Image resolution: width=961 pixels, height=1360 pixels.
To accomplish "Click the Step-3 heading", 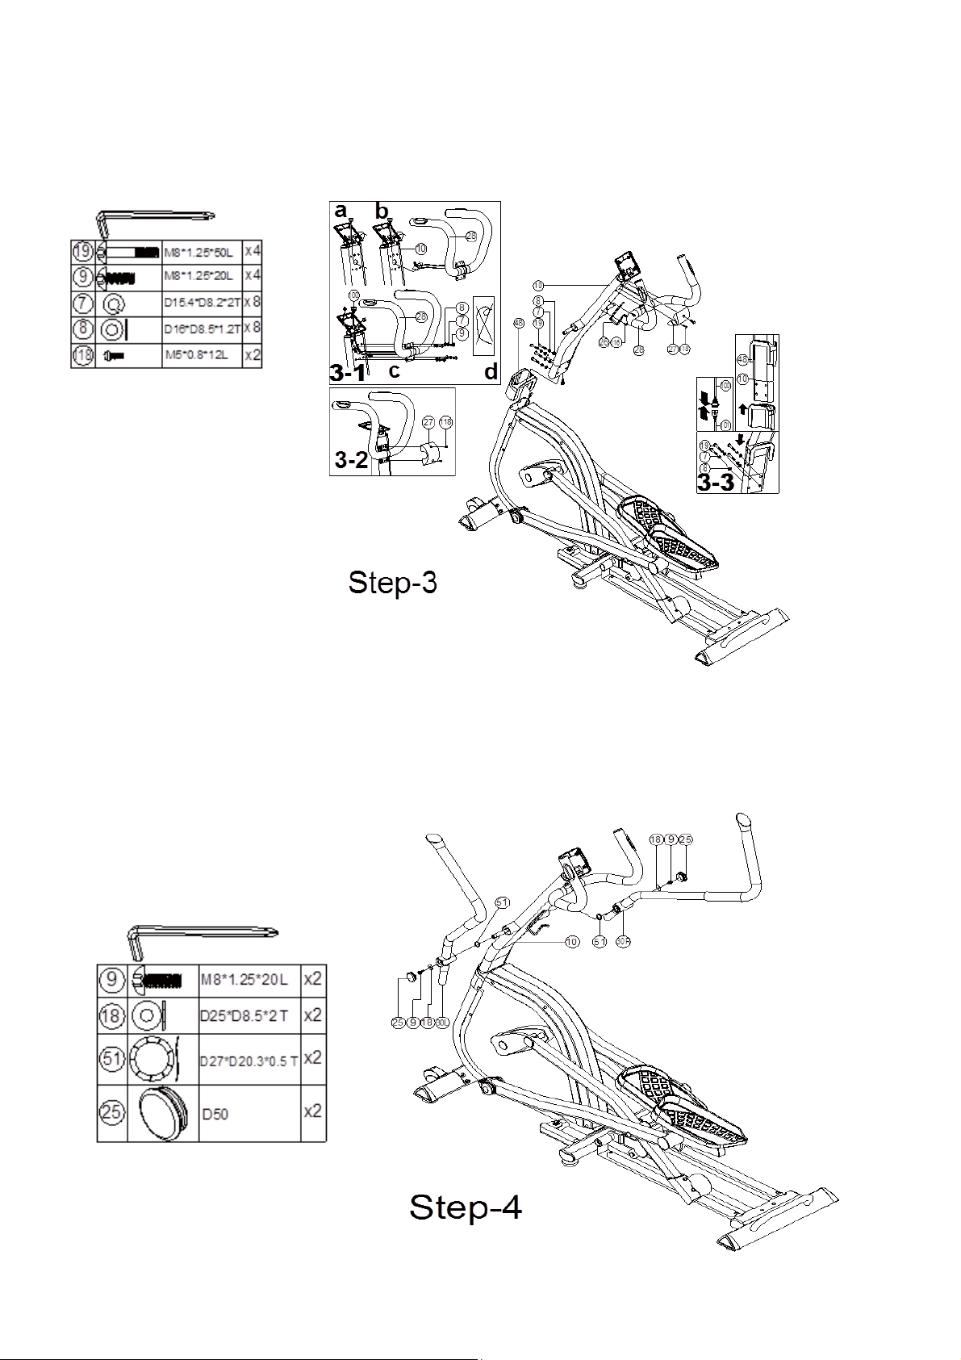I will [x=392, y=583].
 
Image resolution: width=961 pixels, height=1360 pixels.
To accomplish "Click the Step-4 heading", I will [x=466, y=1208].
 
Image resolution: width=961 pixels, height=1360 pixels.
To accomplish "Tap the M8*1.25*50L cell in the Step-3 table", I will [x=202, y=251].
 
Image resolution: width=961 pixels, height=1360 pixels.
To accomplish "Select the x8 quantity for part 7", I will [x=253, y=303].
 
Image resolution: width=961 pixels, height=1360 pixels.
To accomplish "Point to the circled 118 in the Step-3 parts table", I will [x=83, y=355].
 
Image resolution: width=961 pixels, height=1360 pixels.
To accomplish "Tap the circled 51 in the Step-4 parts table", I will [x=112, y=1057].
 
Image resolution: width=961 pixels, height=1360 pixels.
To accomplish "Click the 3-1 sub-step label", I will [x=347, y=373].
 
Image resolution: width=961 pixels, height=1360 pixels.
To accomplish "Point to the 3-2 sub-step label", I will [x=353, y=460].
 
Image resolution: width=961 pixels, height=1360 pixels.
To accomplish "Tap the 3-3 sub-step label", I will [x=717, y=483].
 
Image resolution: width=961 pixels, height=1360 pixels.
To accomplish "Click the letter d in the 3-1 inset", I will [x=491, y=373].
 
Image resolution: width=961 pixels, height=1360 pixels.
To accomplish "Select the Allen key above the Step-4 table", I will [x=202, y=938].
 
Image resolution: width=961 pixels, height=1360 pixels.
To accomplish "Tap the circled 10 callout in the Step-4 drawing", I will [x=571, y=941].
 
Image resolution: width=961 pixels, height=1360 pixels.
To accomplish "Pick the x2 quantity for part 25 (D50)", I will [x=312, y=1111].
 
